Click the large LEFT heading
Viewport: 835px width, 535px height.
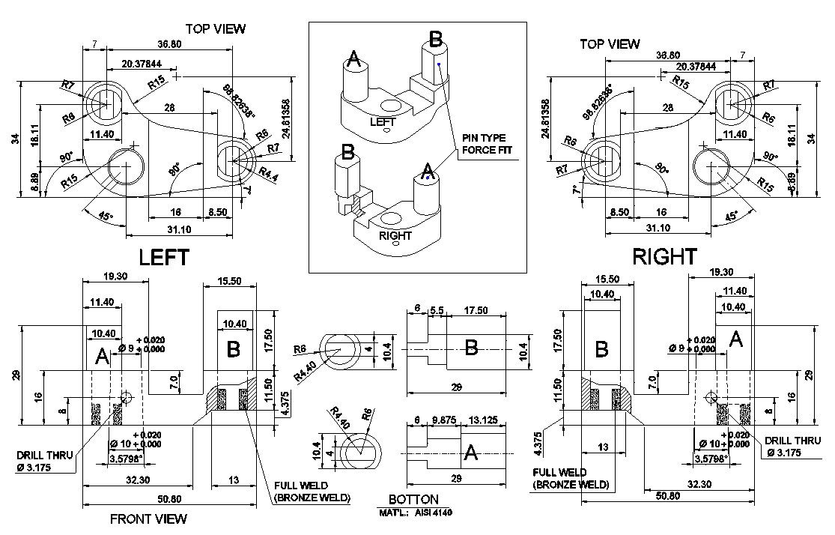(164, 257)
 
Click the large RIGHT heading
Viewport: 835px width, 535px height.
(664, 256)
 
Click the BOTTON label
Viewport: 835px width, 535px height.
(413, 500)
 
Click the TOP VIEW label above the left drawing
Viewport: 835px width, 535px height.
(216, 28)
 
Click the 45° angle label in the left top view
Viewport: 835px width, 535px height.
(106, 217)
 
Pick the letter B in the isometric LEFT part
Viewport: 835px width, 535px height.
(435, 40)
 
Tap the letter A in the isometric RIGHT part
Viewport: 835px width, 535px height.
(426, 172)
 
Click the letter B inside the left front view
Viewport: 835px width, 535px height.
(234, 348)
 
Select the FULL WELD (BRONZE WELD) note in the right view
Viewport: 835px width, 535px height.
(571, 479)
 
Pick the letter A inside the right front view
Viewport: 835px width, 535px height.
(735, 340)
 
